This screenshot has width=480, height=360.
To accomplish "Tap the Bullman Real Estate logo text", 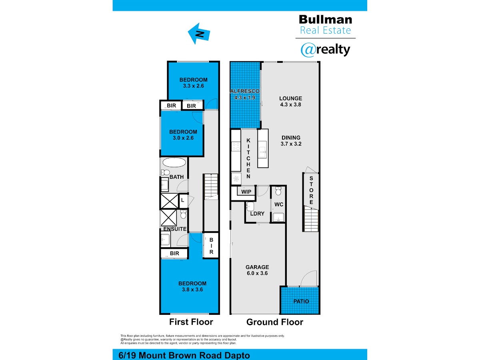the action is click(325, 24).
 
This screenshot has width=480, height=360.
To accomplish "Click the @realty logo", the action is click(325, 50).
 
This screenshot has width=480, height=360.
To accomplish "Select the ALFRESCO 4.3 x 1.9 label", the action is click(245, 94).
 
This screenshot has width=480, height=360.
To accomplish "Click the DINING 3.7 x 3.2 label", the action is click(290, 140).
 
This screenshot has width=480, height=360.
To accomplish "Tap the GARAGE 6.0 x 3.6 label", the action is click(257, 270).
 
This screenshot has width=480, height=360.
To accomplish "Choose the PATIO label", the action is click(301, 301).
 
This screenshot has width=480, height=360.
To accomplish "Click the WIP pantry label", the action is click(247, 192).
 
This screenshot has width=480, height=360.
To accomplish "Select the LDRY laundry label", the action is click(257, 214).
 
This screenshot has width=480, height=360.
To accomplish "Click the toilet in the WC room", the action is click(278, 190).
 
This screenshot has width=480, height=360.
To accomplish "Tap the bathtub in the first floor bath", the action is click(174, 163).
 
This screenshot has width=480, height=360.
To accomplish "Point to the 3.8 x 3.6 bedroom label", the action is click(192, 286).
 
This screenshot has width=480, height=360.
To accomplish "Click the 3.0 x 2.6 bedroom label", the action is click(183, 135).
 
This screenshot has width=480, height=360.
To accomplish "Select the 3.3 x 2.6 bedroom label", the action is click(193, 82).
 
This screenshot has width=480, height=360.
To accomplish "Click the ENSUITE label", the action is click(175, 229).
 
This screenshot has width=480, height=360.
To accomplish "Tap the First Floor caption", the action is click(191, 322).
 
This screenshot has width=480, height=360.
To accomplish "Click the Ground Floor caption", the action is click(275, 322).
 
